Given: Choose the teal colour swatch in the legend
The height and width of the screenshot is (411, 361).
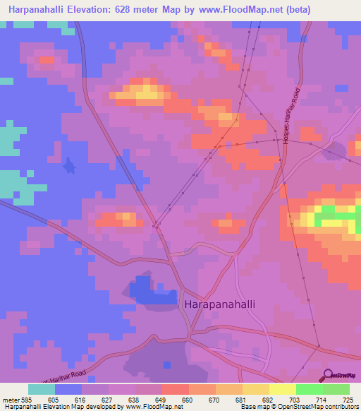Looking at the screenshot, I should click(41, 389).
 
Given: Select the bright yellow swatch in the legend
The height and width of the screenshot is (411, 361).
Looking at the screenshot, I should click(282, 389).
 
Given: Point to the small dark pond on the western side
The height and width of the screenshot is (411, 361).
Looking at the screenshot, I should click(68, 166).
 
